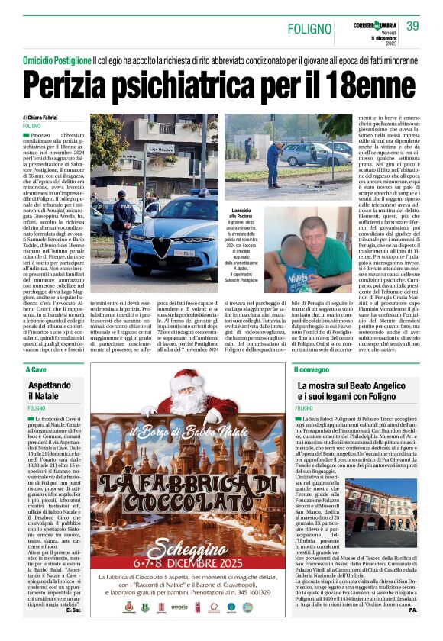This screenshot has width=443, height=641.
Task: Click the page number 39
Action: click(412, 25)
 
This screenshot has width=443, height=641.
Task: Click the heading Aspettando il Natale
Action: click(56, 390)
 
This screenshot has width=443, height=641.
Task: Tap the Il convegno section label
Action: click(313, 369)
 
